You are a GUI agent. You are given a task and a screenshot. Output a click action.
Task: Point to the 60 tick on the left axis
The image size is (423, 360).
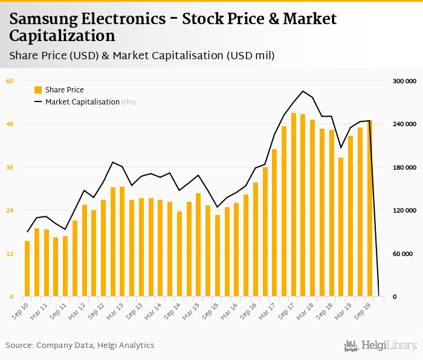click(10, 80)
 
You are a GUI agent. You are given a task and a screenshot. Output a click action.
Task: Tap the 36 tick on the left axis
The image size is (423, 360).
click(10, 167)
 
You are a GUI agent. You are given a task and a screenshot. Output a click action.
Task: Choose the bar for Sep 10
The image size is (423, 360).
click(27, 269)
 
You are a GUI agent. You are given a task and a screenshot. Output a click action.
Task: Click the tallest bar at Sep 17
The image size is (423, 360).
click(294, 205)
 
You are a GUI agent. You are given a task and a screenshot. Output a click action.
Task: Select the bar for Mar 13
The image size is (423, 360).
click(122, 242)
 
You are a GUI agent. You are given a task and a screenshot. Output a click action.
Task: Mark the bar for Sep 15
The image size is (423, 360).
click(218, 256)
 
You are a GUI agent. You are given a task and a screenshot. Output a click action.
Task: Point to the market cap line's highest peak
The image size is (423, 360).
click(303, 91)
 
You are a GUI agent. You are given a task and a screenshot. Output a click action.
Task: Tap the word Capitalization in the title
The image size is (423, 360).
click(62, 35)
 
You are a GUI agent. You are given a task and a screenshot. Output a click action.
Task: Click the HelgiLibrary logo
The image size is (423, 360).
click(381, 346)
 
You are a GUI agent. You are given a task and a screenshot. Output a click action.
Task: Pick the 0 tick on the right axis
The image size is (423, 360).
click(394, 297)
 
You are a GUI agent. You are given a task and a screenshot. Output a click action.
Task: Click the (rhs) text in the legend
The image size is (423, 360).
click(129, 102)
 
